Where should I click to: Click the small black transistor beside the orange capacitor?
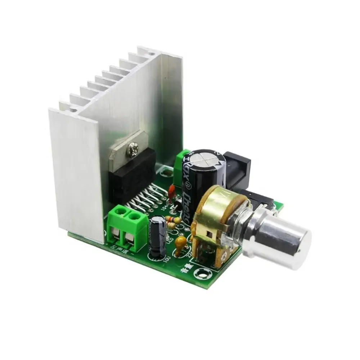[177, 206]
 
